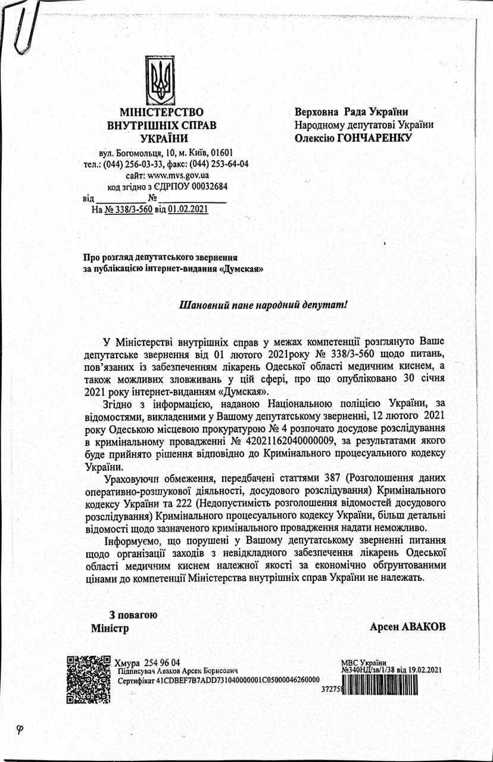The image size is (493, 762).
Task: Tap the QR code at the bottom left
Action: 89,678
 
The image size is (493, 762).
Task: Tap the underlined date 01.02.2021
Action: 188,210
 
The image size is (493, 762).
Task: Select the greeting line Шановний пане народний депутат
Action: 263,304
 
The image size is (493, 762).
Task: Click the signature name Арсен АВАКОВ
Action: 407,627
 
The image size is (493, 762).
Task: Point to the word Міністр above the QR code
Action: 110,628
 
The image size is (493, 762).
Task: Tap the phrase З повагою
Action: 133,615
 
